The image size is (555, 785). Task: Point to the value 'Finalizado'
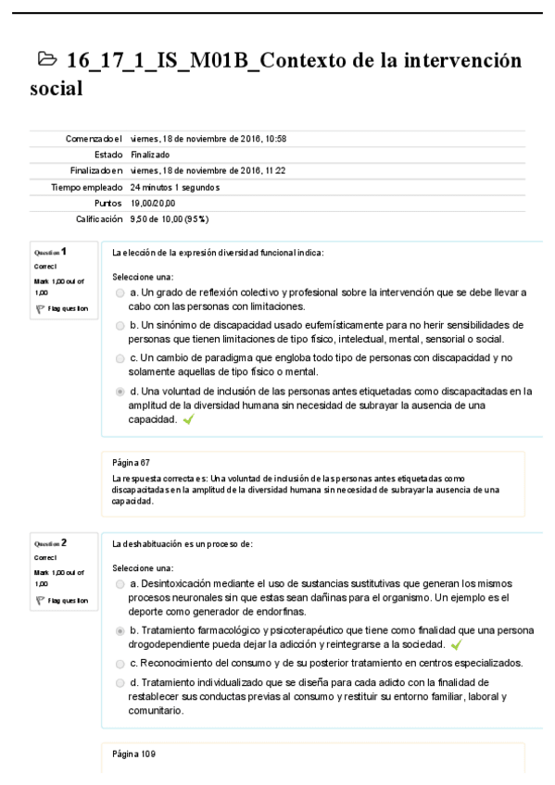(150, 155)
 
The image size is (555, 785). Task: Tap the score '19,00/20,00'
(153, 203)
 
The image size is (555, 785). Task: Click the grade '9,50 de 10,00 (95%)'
(169, 218)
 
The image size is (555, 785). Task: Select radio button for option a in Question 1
(120, 293)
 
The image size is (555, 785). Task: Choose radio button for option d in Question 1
(120, 392)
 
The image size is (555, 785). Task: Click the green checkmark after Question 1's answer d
(189, 419)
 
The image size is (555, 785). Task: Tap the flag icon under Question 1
(38, 308)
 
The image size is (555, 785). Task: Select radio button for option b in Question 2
(120, 630)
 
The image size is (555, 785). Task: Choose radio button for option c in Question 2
(120, 663)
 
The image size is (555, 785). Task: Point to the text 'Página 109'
(133, 754)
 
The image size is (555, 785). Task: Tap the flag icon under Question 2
(38, 600)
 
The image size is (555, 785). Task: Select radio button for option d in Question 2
(120, 683)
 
